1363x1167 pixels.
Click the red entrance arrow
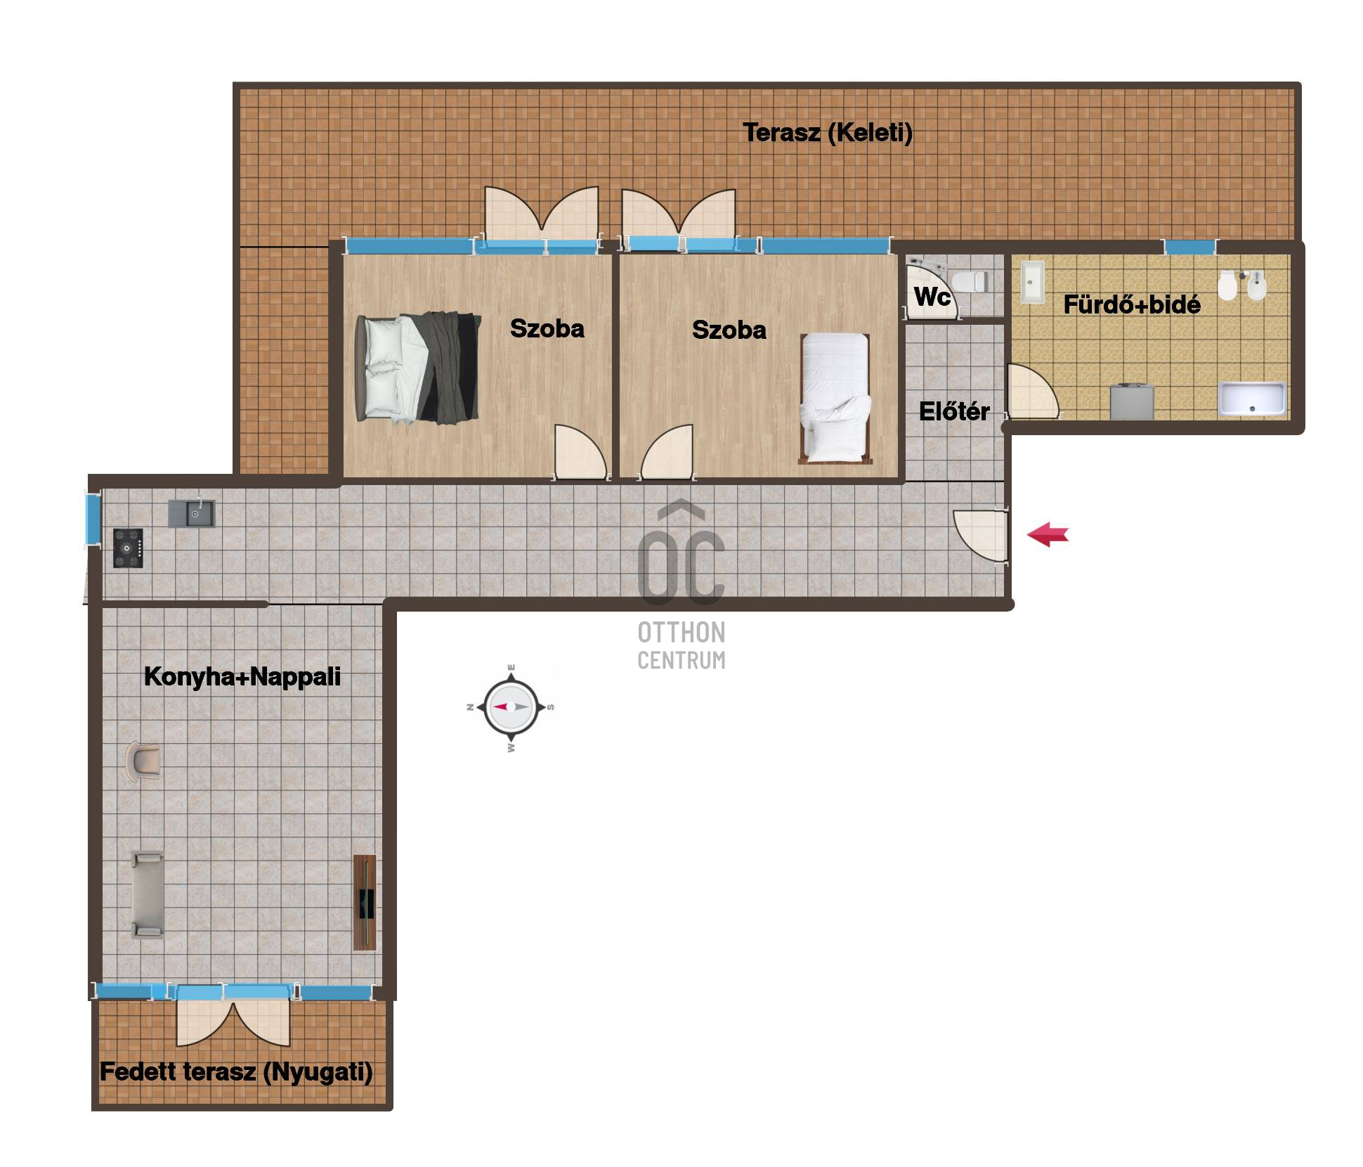pos(1048,534)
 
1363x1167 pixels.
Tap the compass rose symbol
pos(511,707)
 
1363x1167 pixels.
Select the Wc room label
pos(932,297)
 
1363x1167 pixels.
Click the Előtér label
pos(954,411)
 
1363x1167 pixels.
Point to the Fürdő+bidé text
pos(1132,304)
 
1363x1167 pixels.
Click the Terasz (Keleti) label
pos(828,132)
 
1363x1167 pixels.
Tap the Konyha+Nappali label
pos(242,676)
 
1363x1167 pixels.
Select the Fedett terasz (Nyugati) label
pos(236,1072)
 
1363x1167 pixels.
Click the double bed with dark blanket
pos(419,368)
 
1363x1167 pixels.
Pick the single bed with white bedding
pos(835,399)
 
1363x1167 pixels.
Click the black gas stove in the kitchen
pos(129,548)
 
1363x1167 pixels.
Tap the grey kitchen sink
pos(191,513)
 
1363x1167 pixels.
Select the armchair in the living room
pos(143,761)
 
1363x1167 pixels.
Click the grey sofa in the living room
pos(148,894)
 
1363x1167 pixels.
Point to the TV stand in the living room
pos(365,903)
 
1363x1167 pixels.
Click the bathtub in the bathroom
pos(1252,399)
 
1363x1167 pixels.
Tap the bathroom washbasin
pos(1032,283)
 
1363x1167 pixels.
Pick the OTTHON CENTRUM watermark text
pos(681,645)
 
